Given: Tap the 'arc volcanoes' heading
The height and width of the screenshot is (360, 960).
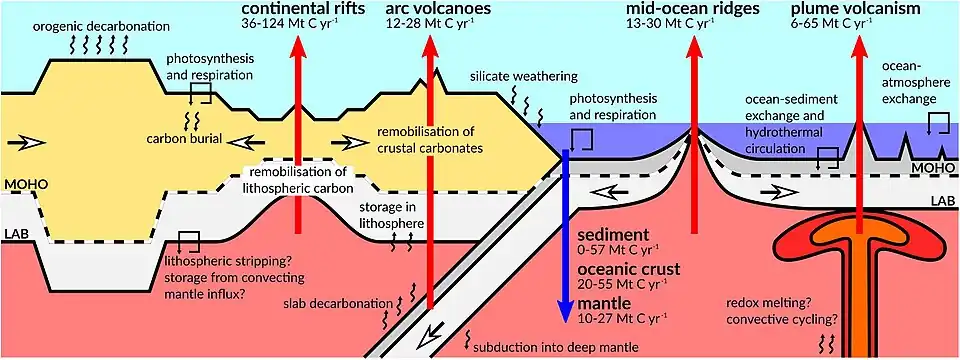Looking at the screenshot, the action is [431, 10].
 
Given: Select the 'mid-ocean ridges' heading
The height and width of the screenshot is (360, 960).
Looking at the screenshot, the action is [692, 10].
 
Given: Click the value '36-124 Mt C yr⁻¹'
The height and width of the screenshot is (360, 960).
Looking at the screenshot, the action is [281, 25].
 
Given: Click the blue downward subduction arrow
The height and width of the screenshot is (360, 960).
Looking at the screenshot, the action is [566, 236].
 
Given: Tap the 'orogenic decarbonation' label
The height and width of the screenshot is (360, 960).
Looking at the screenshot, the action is [101, 27].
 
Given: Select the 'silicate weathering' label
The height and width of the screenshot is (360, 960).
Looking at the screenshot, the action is [524, 77].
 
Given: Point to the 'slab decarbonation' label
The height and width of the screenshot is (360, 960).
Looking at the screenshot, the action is [338, 304].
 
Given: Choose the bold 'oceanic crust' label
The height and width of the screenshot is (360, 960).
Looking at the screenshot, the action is [625, 269].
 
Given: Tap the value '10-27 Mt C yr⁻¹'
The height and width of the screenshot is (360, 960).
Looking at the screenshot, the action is [621, 317].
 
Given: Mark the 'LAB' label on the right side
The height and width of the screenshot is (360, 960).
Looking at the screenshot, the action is [943, 200].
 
